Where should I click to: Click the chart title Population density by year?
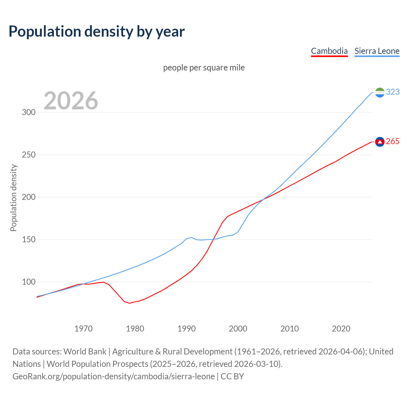pos(97,32)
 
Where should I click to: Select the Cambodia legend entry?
pos(329,51)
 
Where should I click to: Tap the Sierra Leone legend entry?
pos(377,51)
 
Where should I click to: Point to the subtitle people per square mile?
pos(204,68)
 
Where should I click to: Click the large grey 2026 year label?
pos(71,101)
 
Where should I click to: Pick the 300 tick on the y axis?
pos(29,113)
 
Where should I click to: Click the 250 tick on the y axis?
pos(29,155)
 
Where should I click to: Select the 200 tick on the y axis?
pos(29,197)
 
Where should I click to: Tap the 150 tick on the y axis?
pos(29,240)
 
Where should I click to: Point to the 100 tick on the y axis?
pos(29,282)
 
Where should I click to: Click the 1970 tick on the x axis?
pos(84,329)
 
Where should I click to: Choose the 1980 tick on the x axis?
pos(135,329)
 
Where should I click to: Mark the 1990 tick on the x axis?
pos(186,329)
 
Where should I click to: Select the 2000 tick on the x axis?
pos(238,329)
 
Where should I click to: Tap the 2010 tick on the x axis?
pos(289,329)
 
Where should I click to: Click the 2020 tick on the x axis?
pos(341,329)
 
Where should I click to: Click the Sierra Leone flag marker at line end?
pos(380,92)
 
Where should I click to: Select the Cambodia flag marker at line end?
pos(380,142)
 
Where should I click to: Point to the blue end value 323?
pos(393,92)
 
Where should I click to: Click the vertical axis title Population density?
pos(13,198)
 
